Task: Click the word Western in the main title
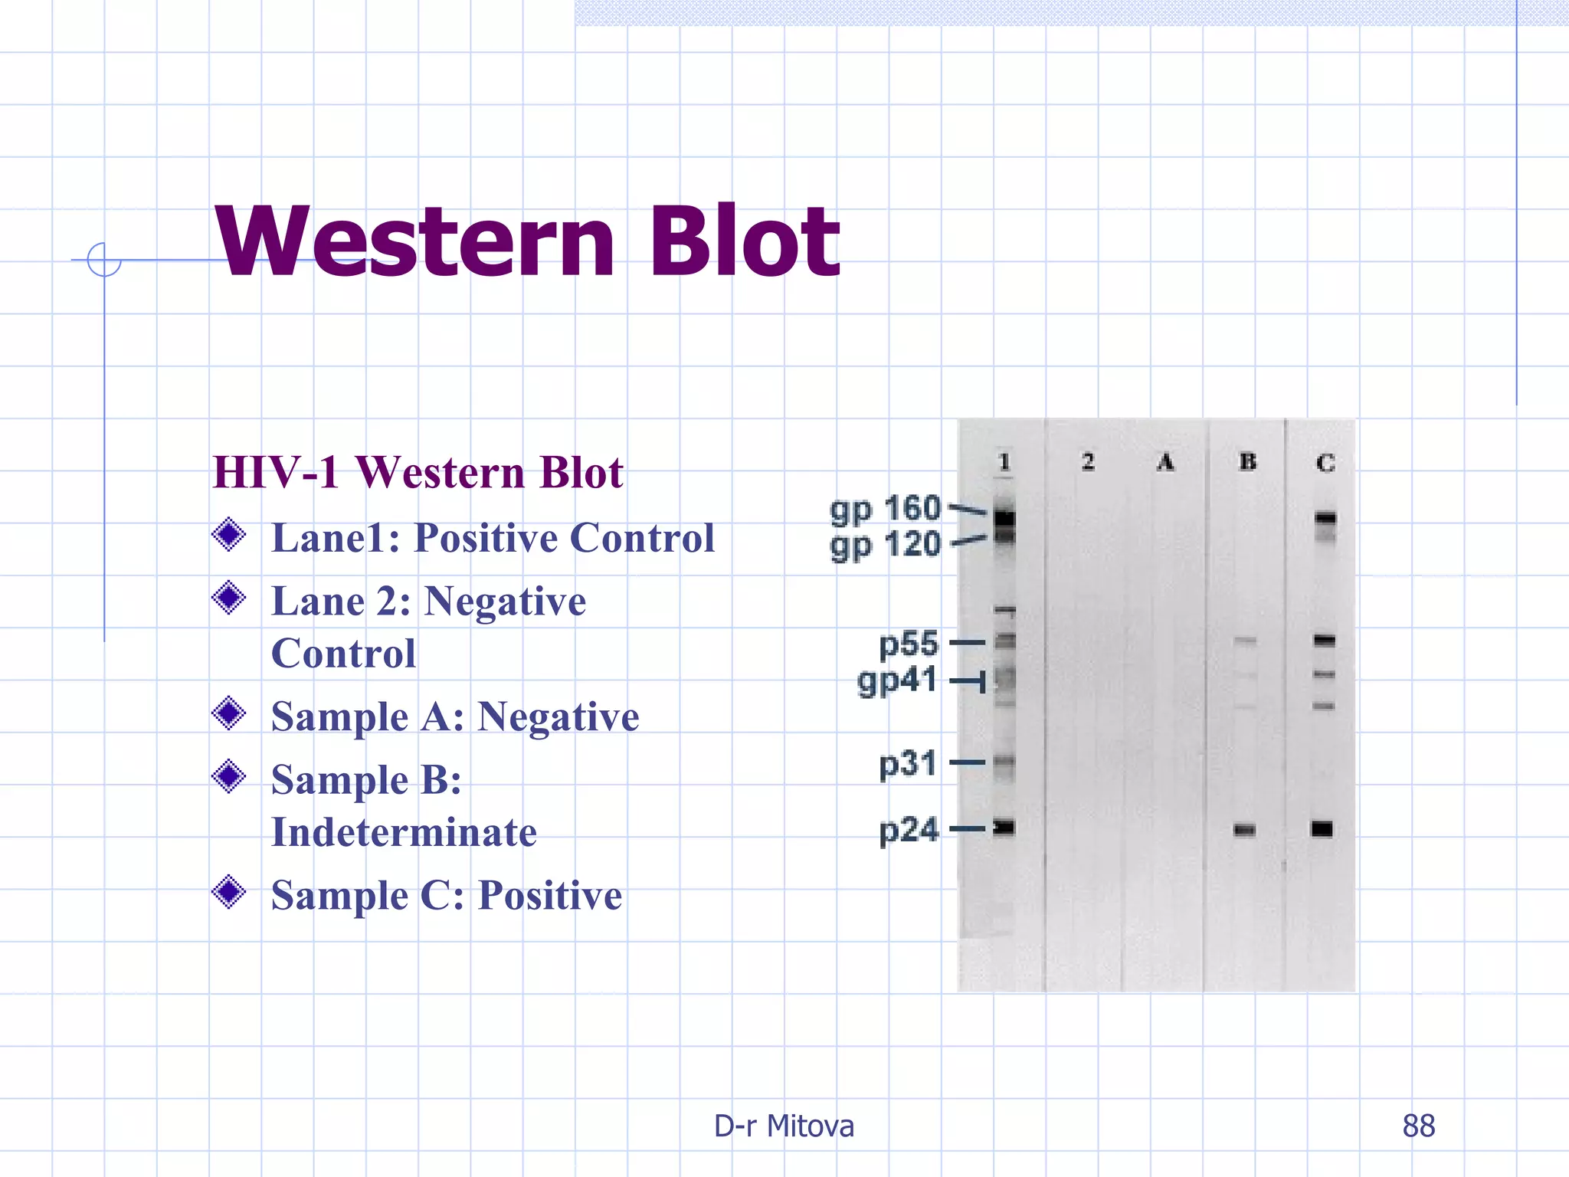(x=414, y=241)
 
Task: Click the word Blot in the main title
(x=744, y=241)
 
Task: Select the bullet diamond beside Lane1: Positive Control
(x=228, y=535)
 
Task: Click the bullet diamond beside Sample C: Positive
(x=228, y=892)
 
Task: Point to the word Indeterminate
(x=404, y=832)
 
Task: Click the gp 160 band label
(x=885, y=509)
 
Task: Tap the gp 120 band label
(x=885, y=546)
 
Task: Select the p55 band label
(x=909, y=644)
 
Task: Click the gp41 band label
(x=897, y=680)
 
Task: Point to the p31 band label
(x=908, y=764)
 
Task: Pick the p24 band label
(x=909, y=830)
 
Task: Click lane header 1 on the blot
(x=1004, y=462)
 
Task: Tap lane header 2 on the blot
(x=1088, y=461)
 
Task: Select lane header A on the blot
(x=1165, y=462)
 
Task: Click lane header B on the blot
(x=1247, y=461)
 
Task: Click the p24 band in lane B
(x=1244, y=830)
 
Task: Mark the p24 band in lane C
(x=1322, y=829)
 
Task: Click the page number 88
(x=1418, y=1126)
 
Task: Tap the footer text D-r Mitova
(x=784, y=1126)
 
